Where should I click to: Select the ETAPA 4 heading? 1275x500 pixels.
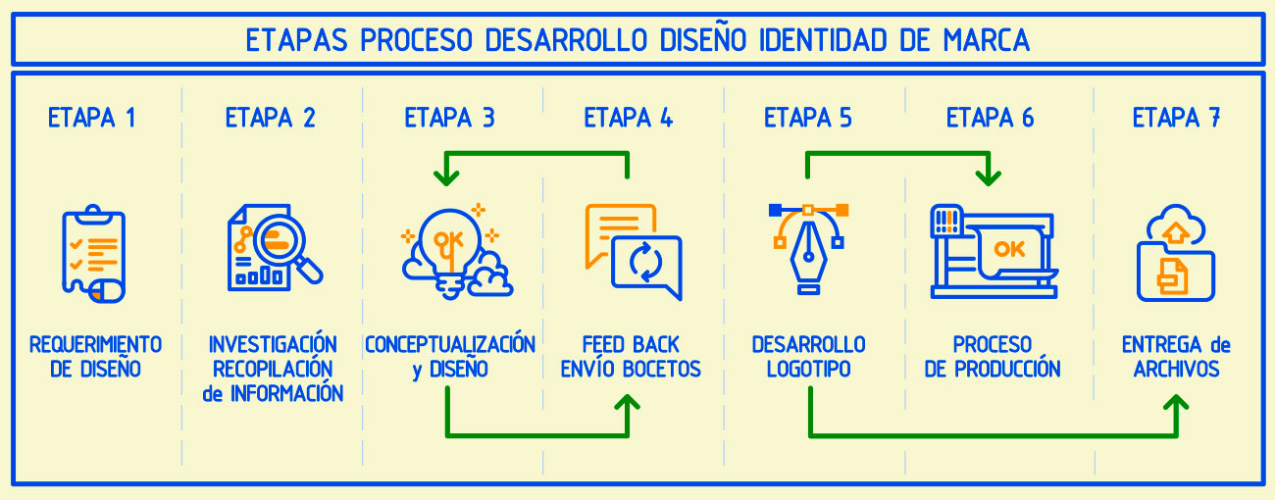[x=628, y=119]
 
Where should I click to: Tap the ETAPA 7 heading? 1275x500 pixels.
[x=1176, y=119]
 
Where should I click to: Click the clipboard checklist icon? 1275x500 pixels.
[x=94, y=253]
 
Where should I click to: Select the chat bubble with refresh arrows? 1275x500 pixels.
[x=645, y=266]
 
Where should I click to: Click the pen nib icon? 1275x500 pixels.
[x=808, y=255]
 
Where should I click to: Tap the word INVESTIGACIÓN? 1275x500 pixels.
[x=273, y=345]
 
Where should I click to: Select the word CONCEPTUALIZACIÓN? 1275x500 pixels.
[x=450, y=345]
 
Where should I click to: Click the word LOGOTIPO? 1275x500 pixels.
[x=808, y=370]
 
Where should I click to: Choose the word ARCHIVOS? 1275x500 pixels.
[x=1176, y=370]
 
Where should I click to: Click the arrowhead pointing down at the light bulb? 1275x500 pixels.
[x=447, y=176]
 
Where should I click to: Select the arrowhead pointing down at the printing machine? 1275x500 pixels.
[x=989, y=176]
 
